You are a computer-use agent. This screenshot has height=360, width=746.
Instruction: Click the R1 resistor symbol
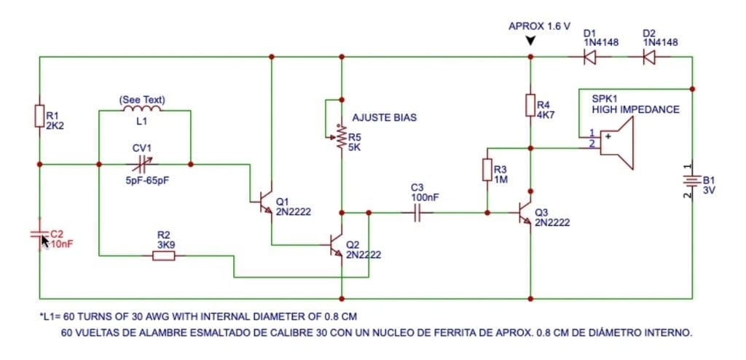[39, 115]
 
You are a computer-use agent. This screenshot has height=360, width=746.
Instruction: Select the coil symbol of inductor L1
[142, 109]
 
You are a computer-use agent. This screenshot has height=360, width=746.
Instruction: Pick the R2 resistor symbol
[164, 257]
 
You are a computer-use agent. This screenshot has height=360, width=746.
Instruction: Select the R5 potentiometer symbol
[338, 137]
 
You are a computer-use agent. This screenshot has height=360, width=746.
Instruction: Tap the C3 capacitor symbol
[417, 212]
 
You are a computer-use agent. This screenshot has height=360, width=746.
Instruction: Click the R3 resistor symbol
[487, 170]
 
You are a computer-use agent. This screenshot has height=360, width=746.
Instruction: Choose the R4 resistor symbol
[530, 105]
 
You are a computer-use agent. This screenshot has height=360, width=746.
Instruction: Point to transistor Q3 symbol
[525, 212]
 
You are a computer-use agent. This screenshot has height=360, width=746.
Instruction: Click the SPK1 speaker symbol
[616, 143]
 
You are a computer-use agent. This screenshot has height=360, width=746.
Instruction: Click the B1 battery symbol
[692, 181]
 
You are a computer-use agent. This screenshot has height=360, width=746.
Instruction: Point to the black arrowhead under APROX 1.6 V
[530, 42]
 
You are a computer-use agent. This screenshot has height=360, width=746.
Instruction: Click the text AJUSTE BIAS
[384, 117]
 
